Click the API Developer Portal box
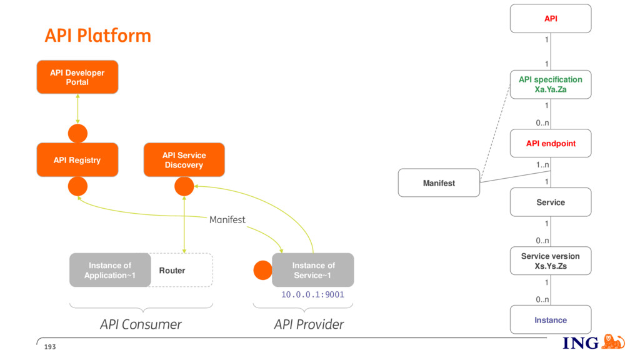pos(77,77)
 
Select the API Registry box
pos(77,159)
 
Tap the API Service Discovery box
pos(184,159)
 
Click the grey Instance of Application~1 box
pos(110,270)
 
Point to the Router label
pos(172,271)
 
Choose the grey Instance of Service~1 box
pos(313,270)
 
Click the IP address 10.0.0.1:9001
pos(312,294)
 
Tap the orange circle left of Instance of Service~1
pos(263,270)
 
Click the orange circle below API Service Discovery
pos(184,186)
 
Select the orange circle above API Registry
pos(77,134)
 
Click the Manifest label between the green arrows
pos(227,219)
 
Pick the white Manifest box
pos(439,183)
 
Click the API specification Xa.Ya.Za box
pos(551,84)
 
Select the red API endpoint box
pos(551,143)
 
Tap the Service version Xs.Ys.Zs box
pos(551,261)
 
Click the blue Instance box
pos(551,319)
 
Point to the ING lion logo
pos(614,342)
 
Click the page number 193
pos(50,347)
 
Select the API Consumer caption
pos(141,324)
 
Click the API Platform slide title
pos(98,36)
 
